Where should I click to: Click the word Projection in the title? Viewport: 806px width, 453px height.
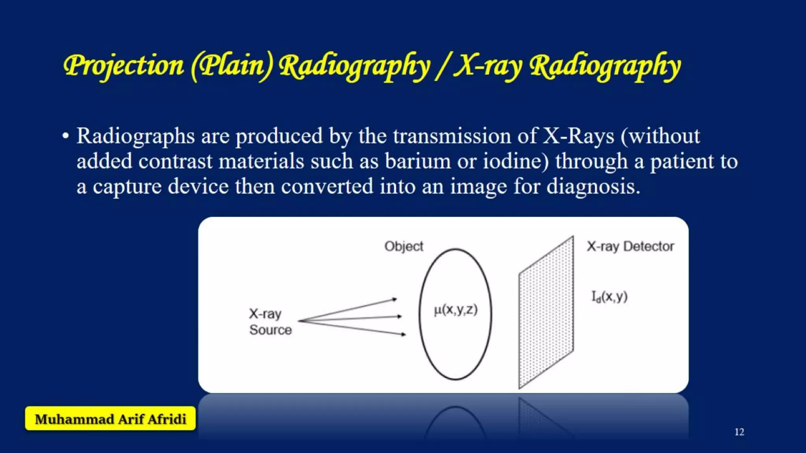(123, 66)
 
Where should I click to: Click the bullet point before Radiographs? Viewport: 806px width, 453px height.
(65, 136)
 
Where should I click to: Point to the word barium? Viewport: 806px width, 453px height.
(418, 162)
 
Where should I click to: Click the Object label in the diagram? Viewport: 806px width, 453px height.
(404, 247)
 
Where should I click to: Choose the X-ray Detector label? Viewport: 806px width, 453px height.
(630, 247)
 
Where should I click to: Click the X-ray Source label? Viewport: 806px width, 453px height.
(270, 322)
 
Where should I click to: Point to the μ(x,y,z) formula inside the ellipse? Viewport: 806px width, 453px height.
(456, 310)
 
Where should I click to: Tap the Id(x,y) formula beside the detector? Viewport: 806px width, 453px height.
(609, 296)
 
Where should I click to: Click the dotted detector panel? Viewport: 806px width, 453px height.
(546, 313)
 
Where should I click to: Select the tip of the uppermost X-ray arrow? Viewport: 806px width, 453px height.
(396, 299)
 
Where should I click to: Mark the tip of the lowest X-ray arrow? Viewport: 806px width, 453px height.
(405, 335)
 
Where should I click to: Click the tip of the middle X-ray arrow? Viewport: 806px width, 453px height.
(401, 316)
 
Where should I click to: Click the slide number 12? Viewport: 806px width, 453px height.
(739, 432)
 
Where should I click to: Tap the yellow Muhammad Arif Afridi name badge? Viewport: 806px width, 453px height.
(111, 419)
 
